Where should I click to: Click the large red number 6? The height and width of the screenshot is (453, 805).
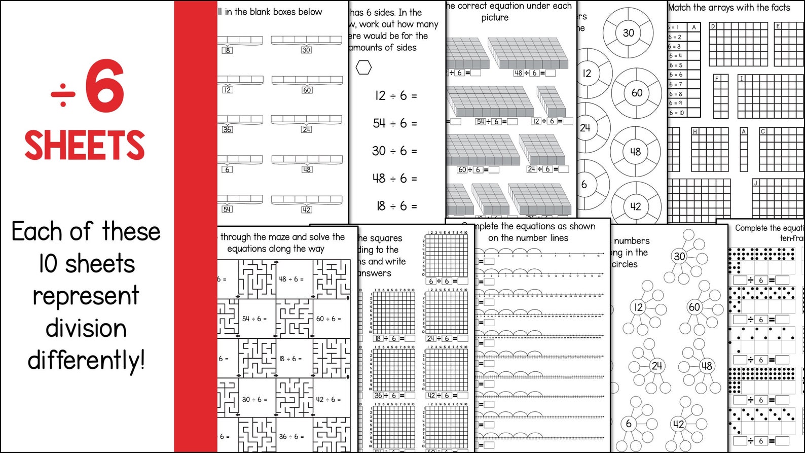105,86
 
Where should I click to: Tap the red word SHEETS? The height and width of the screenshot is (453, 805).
85,146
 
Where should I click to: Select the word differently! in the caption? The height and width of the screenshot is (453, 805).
86,361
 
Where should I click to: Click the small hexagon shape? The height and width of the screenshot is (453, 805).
363,67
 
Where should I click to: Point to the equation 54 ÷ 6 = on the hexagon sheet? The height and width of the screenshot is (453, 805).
395,123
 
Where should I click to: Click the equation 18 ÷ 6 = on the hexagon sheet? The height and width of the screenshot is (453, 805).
396,206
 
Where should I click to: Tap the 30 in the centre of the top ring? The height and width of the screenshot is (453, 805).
628,33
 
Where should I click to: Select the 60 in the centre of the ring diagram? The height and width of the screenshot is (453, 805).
637,93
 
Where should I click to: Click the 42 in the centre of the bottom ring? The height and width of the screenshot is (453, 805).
635,206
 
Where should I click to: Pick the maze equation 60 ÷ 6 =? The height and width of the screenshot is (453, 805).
328,319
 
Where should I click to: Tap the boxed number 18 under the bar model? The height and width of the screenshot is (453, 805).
227,50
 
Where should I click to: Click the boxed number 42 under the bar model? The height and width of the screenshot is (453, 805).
306,210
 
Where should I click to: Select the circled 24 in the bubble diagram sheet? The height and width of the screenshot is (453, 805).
656,366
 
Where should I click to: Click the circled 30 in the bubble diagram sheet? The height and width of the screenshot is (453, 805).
679,257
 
